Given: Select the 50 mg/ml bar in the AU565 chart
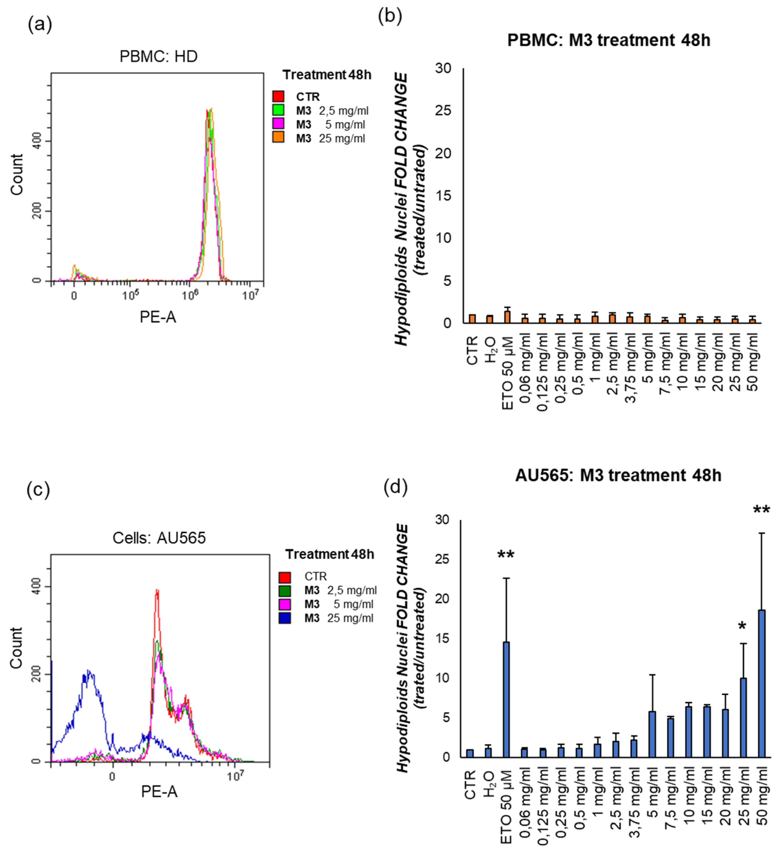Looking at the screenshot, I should coord(762,683).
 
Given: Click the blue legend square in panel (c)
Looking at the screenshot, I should coord(285,618).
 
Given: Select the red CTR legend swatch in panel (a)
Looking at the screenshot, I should coord(278,96).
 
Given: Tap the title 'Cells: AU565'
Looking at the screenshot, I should coord(159,538).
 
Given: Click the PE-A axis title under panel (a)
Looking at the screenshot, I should coord(158,317).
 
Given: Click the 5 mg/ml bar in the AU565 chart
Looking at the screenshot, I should coord(652,734).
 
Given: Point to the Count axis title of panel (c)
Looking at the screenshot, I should coord(16,647).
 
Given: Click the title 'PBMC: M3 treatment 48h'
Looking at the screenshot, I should coord(608,40).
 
